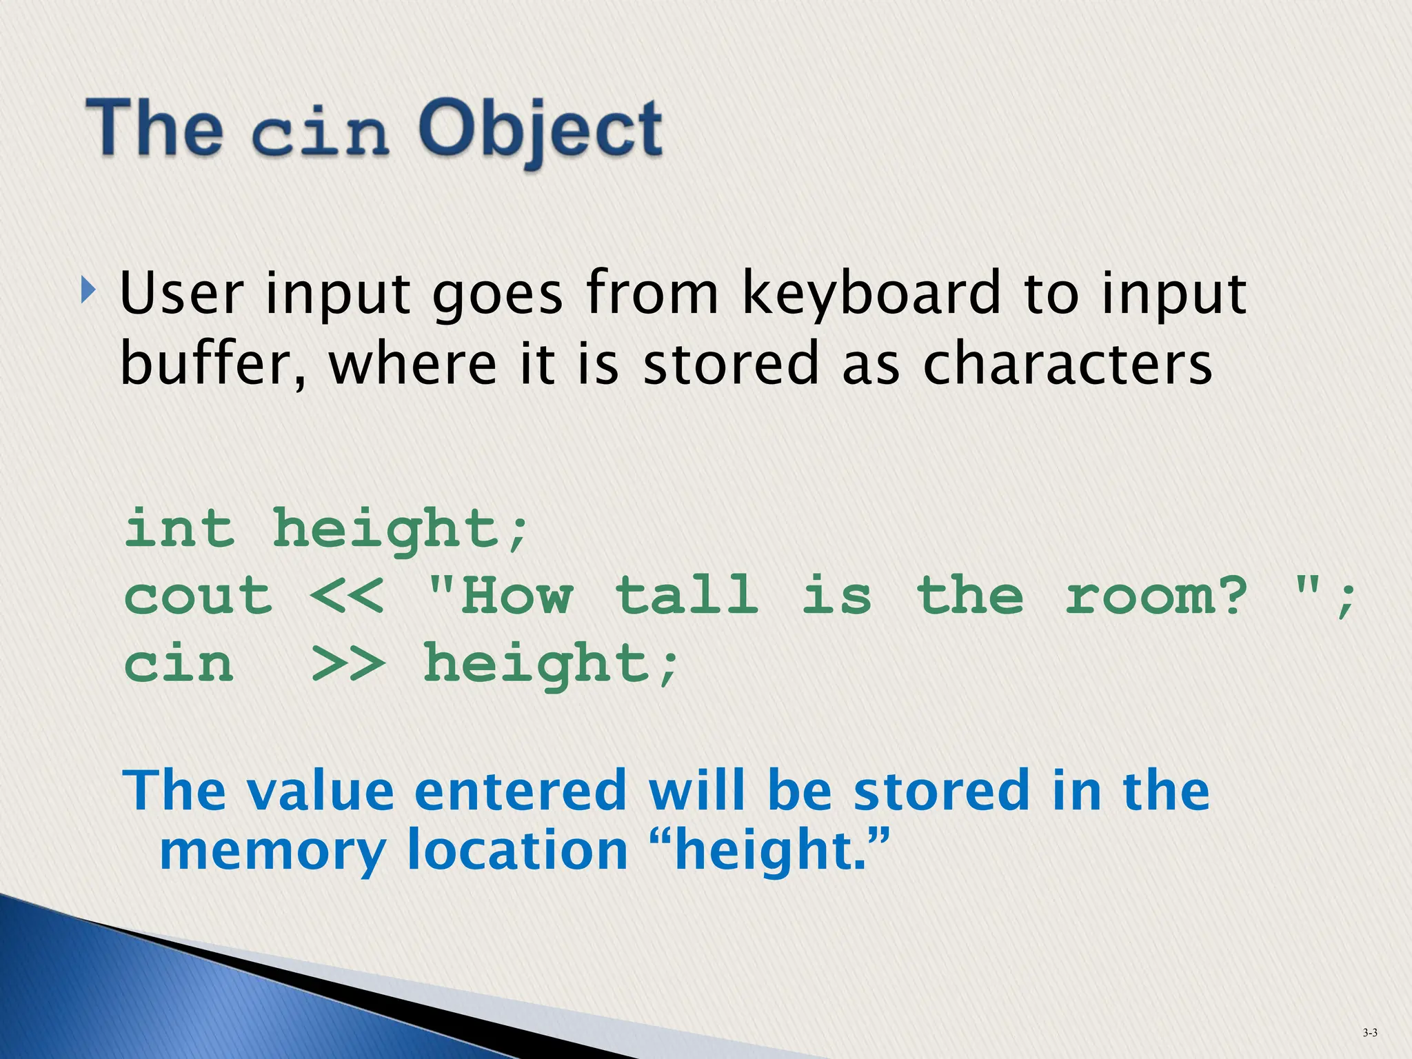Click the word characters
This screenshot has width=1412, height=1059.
click(1067, 364)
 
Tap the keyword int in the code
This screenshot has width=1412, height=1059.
click(179, 529)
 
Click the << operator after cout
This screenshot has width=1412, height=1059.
click(347, 596)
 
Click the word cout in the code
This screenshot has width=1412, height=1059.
click(198, 596)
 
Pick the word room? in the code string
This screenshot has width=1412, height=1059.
click(1156, 596)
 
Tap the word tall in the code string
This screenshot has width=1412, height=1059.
click(687, 596)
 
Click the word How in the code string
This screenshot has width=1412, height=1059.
click(516, 596)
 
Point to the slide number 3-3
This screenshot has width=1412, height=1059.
click(1370, 1033)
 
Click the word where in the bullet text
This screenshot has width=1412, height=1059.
click(412, 364)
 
